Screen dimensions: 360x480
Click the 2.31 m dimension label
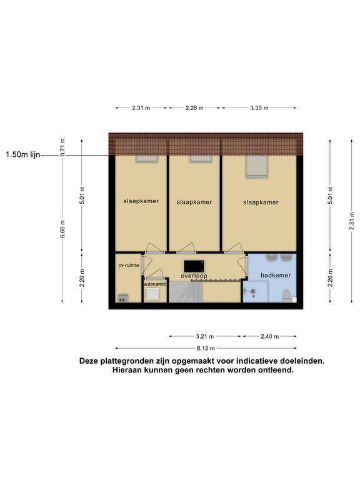tap(141, 107)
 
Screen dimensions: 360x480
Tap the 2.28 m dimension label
tap(194, 107)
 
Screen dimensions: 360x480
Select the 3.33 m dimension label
tap(259, 107)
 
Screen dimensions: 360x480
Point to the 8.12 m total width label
tap(206, 348)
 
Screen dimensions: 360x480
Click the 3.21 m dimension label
tap(205, 336)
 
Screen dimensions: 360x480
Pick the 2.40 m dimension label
tap(270, 336)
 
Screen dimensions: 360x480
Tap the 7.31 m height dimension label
tap(352, 221)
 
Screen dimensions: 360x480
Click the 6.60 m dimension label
tap(62, 228)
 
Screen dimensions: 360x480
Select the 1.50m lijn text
tap(23, 155)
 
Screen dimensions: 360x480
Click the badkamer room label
tap(276, 275)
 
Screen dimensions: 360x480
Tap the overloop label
tap(194, 276)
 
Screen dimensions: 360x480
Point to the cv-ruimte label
tap(129, 265)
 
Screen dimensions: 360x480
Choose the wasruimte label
tap(155, 284)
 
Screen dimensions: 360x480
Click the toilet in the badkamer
tap(286, 296)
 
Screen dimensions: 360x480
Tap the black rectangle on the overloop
tap(194, 266)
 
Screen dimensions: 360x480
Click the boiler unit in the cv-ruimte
tap(123, 298)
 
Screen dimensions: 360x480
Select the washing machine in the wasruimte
tap(152, 294)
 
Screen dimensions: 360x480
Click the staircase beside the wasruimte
tap(186, 292)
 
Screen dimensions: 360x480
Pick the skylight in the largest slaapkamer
tap(257, 166)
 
